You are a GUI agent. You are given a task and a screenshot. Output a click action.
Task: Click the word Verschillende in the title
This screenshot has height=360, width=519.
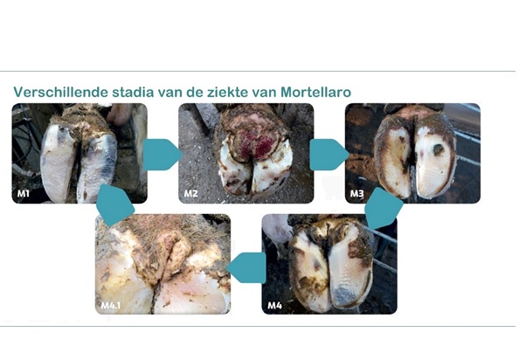click(x=60, y=92)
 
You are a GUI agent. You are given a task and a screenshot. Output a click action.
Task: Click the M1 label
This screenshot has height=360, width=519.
click(x=24, y=193)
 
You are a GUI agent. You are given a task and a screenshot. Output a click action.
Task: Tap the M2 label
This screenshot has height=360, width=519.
click(x=190, y=193)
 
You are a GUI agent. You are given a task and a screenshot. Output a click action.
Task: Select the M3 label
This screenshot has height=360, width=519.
click(x=356, y=193)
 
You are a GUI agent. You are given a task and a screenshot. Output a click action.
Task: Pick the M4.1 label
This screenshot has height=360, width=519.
click(x=111, y=305)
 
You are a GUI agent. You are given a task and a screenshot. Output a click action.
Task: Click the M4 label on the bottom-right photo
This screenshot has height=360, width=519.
click(x=274, y=305)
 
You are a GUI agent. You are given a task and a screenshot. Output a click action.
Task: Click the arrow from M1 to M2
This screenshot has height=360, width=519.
click(x=163, y=155)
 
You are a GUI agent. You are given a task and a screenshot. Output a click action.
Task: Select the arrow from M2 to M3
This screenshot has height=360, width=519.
click(x=329, y=155)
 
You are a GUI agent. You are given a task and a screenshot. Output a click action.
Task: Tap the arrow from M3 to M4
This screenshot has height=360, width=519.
click(x=384, y=209)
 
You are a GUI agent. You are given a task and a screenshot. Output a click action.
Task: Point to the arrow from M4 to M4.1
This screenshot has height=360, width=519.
click(x=246, y=267)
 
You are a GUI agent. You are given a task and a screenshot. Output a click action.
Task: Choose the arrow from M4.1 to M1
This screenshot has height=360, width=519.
click(x=114, y=204)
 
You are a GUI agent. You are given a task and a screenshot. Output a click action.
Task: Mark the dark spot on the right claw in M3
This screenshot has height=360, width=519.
click(x=439, y=149)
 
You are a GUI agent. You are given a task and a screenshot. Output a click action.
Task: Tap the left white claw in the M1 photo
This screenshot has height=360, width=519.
click(x=58, y=163)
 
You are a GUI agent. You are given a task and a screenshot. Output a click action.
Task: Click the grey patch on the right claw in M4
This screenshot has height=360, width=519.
click(x=345, y=295)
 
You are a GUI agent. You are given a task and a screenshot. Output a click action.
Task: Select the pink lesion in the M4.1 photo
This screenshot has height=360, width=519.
click(x=173, y=246)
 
